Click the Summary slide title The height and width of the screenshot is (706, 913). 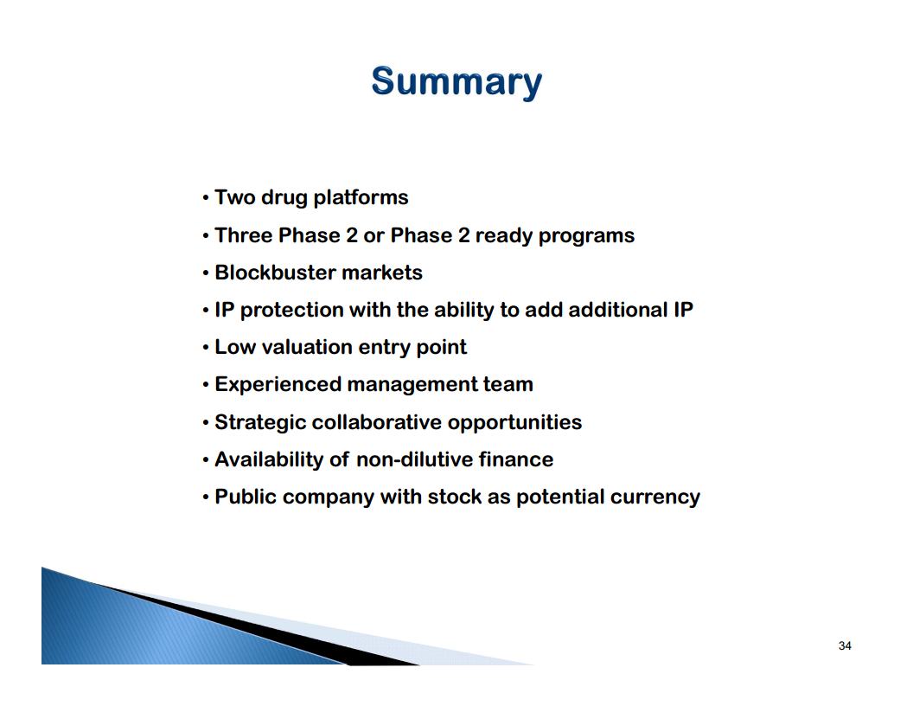tap(456, 82)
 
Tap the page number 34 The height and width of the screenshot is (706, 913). tap(845, 645)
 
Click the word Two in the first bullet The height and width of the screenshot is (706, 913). tap(235, 197)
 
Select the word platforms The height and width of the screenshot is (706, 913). tap(361, 198)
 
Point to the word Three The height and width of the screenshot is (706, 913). tap(244, 234)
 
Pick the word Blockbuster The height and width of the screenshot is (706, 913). tap(276, 272)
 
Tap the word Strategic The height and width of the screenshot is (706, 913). tap(261, 423)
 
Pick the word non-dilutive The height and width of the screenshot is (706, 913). tap(415, 459)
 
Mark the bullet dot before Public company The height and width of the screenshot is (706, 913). tap(206, 497)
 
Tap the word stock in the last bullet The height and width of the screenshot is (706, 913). tap(455, 497)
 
